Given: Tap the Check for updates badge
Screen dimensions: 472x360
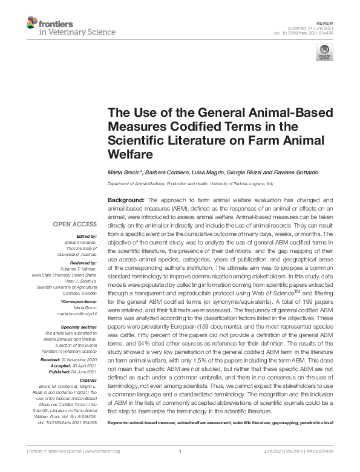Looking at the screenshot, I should (x=325, y=52).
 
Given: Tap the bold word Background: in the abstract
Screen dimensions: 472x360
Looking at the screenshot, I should (x=126, y=200).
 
